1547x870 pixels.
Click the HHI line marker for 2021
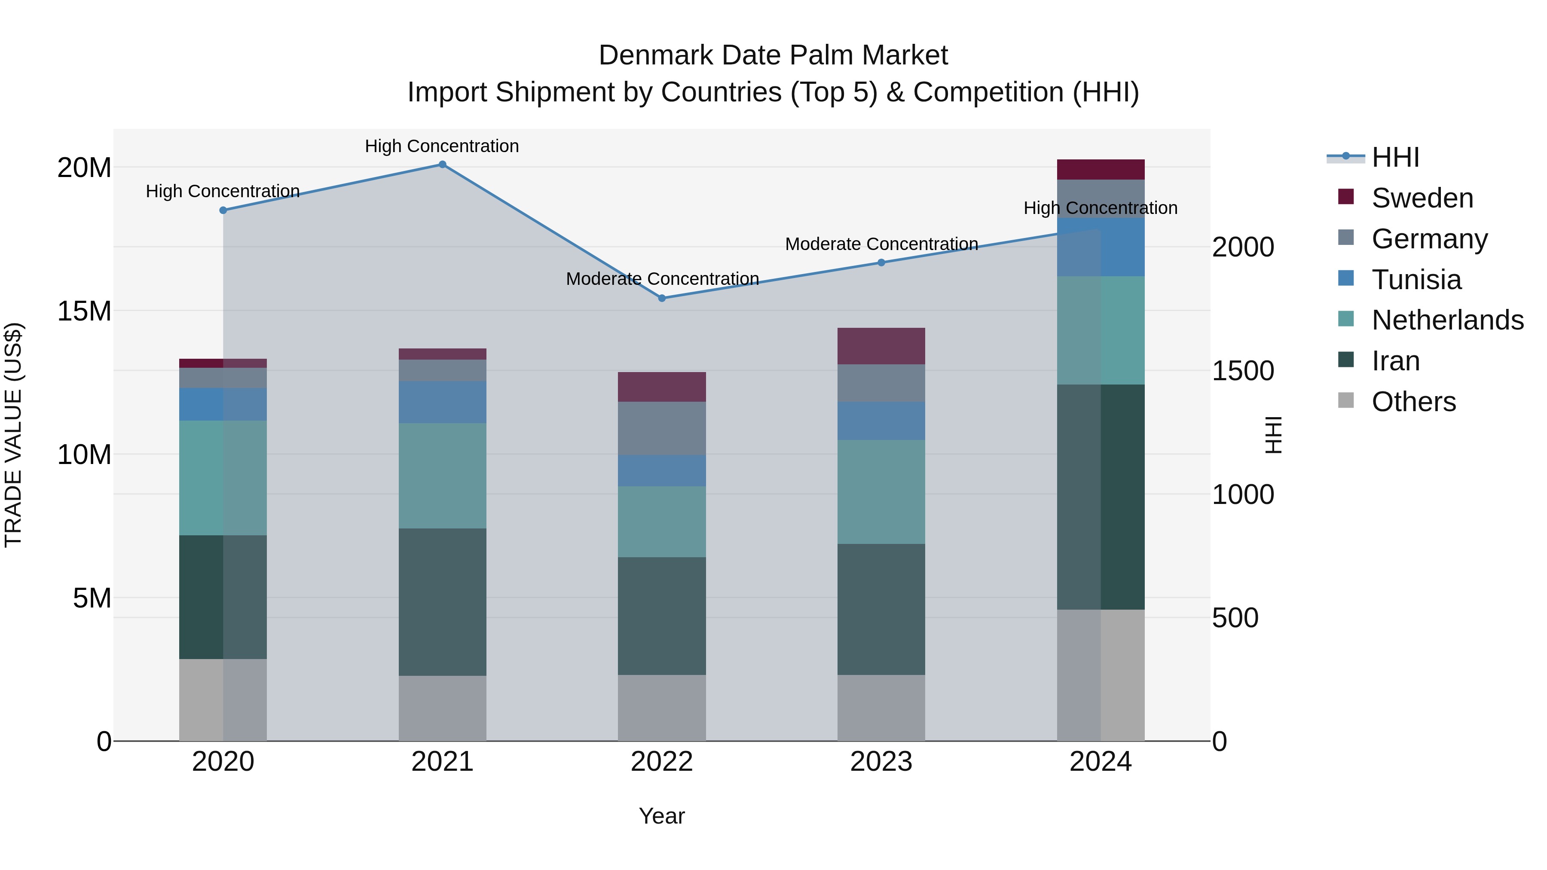point(442,165)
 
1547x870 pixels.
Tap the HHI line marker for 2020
point(223,210)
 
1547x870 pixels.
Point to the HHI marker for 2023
point(881,263)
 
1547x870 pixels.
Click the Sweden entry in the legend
point(1422,198)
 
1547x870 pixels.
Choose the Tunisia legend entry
point(1416,280)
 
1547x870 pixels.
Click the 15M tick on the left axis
point(84,311)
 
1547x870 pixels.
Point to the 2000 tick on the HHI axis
point(1242,247)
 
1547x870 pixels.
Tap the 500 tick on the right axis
point(1235,618)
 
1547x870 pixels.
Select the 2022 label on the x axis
point(662,762)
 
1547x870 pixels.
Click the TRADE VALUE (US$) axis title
point(13,435)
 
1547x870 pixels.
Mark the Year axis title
point(662,816)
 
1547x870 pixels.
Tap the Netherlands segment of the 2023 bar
point(881,492)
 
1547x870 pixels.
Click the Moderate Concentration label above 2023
point(881,244)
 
